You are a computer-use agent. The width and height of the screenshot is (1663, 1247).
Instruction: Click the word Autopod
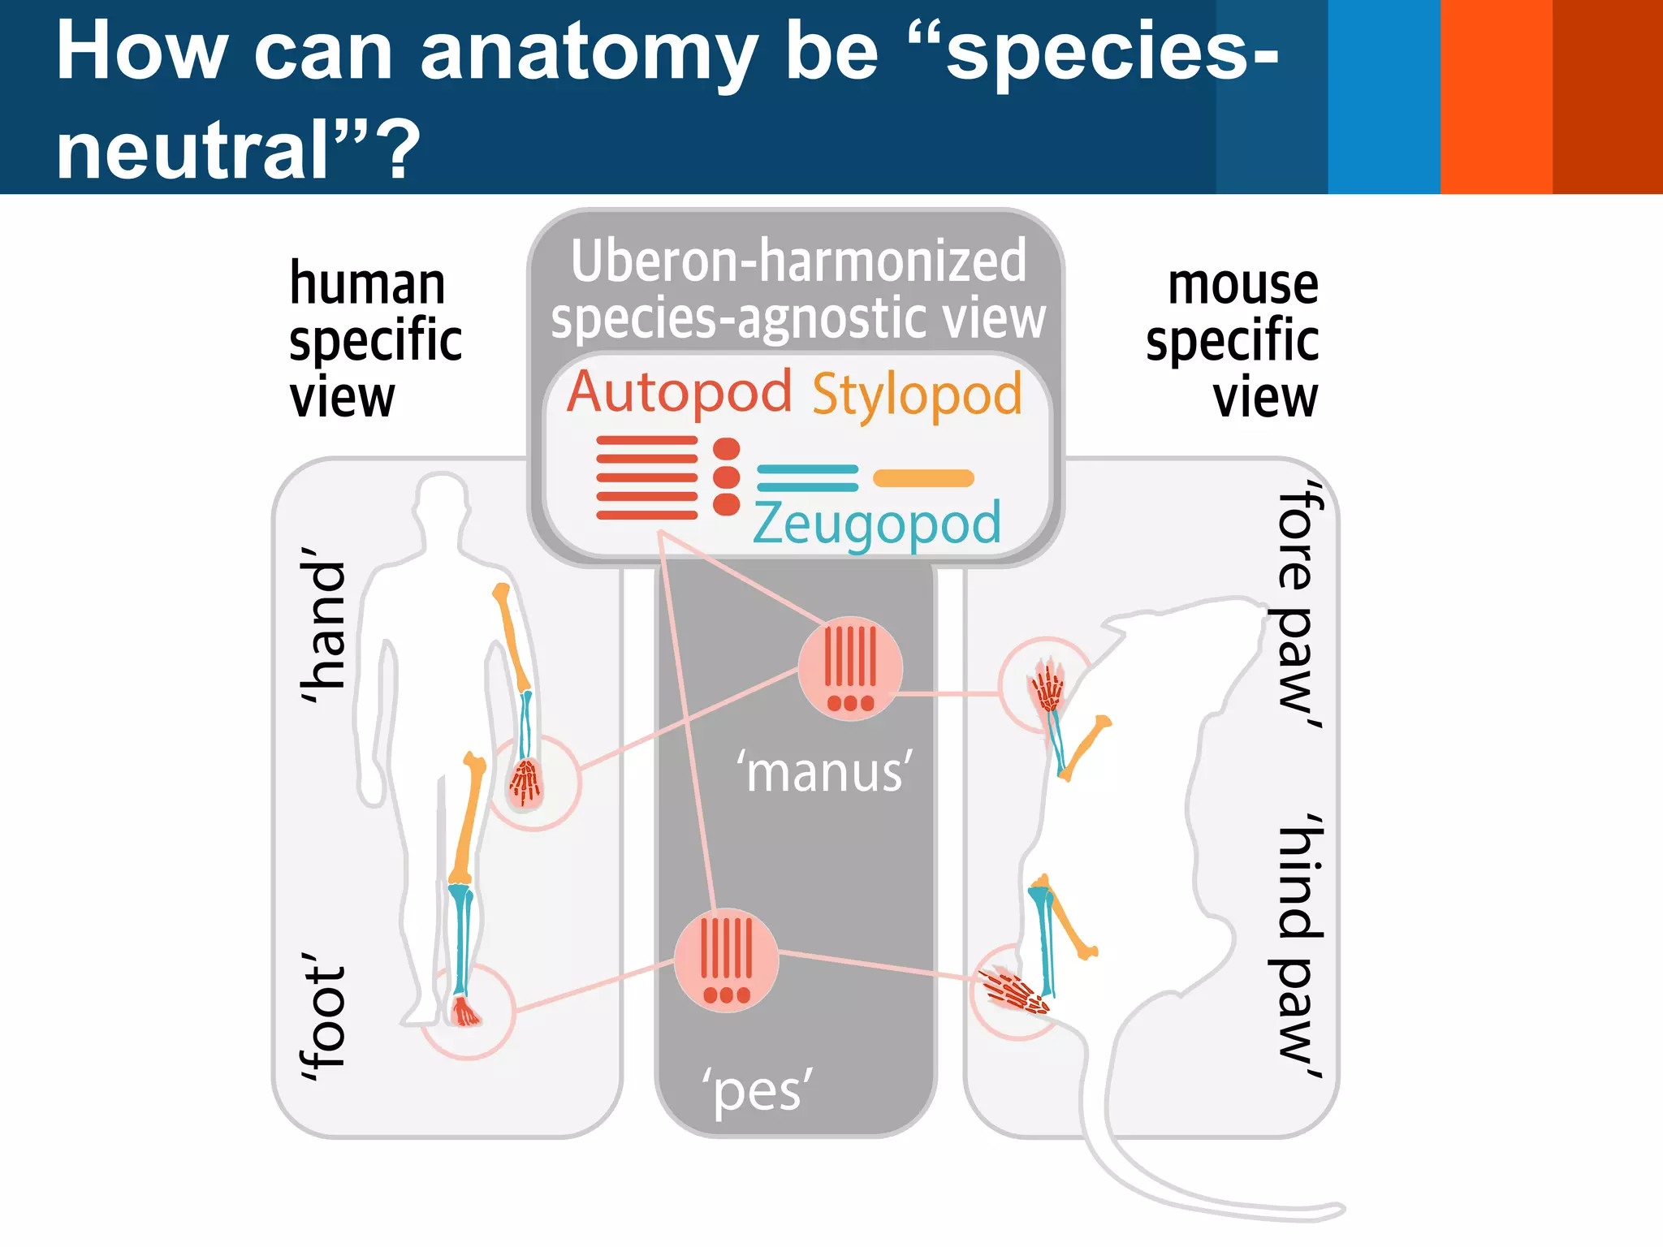pyautogui.click(x=679, y=393)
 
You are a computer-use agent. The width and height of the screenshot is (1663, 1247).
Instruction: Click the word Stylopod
pyautogui.click(x=917, y=395)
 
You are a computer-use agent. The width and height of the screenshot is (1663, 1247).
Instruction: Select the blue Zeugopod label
pyautogui.click(x=876, y=524)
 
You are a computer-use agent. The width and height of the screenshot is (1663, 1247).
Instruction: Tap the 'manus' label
pyautogui.click(x=824, y=772)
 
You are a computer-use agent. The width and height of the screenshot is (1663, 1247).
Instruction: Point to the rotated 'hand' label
pyautogui.click(x=323, y=624)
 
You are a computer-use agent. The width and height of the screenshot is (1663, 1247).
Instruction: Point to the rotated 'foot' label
pyautogui.click(x=323, y=1017)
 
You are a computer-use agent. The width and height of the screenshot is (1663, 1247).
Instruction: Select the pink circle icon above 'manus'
pyautogui.click(x=849, y=668)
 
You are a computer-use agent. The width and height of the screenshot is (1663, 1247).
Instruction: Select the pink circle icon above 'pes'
pyautogui.click(x=726, y=960)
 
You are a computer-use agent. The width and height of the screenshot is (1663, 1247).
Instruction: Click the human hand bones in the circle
pyautogui.click(x=526, y=783)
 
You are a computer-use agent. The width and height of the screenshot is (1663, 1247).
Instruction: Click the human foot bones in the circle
pyautogui.click(x=465, y=1012)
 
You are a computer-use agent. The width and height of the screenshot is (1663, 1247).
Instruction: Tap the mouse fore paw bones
pyautogui.click(x=1047, y=685)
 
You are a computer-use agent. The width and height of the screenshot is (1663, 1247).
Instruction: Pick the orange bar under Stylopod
pyautogui.click(x=923, y=478)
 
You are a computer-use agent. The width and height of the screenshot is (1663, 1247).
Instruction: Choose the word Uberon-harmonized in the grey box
pyautogui.click(x=798, y=261)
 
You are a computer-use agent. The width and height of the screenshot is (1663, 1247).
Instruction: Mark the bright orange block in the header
pyautogui.click(x=1496, y=96)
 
